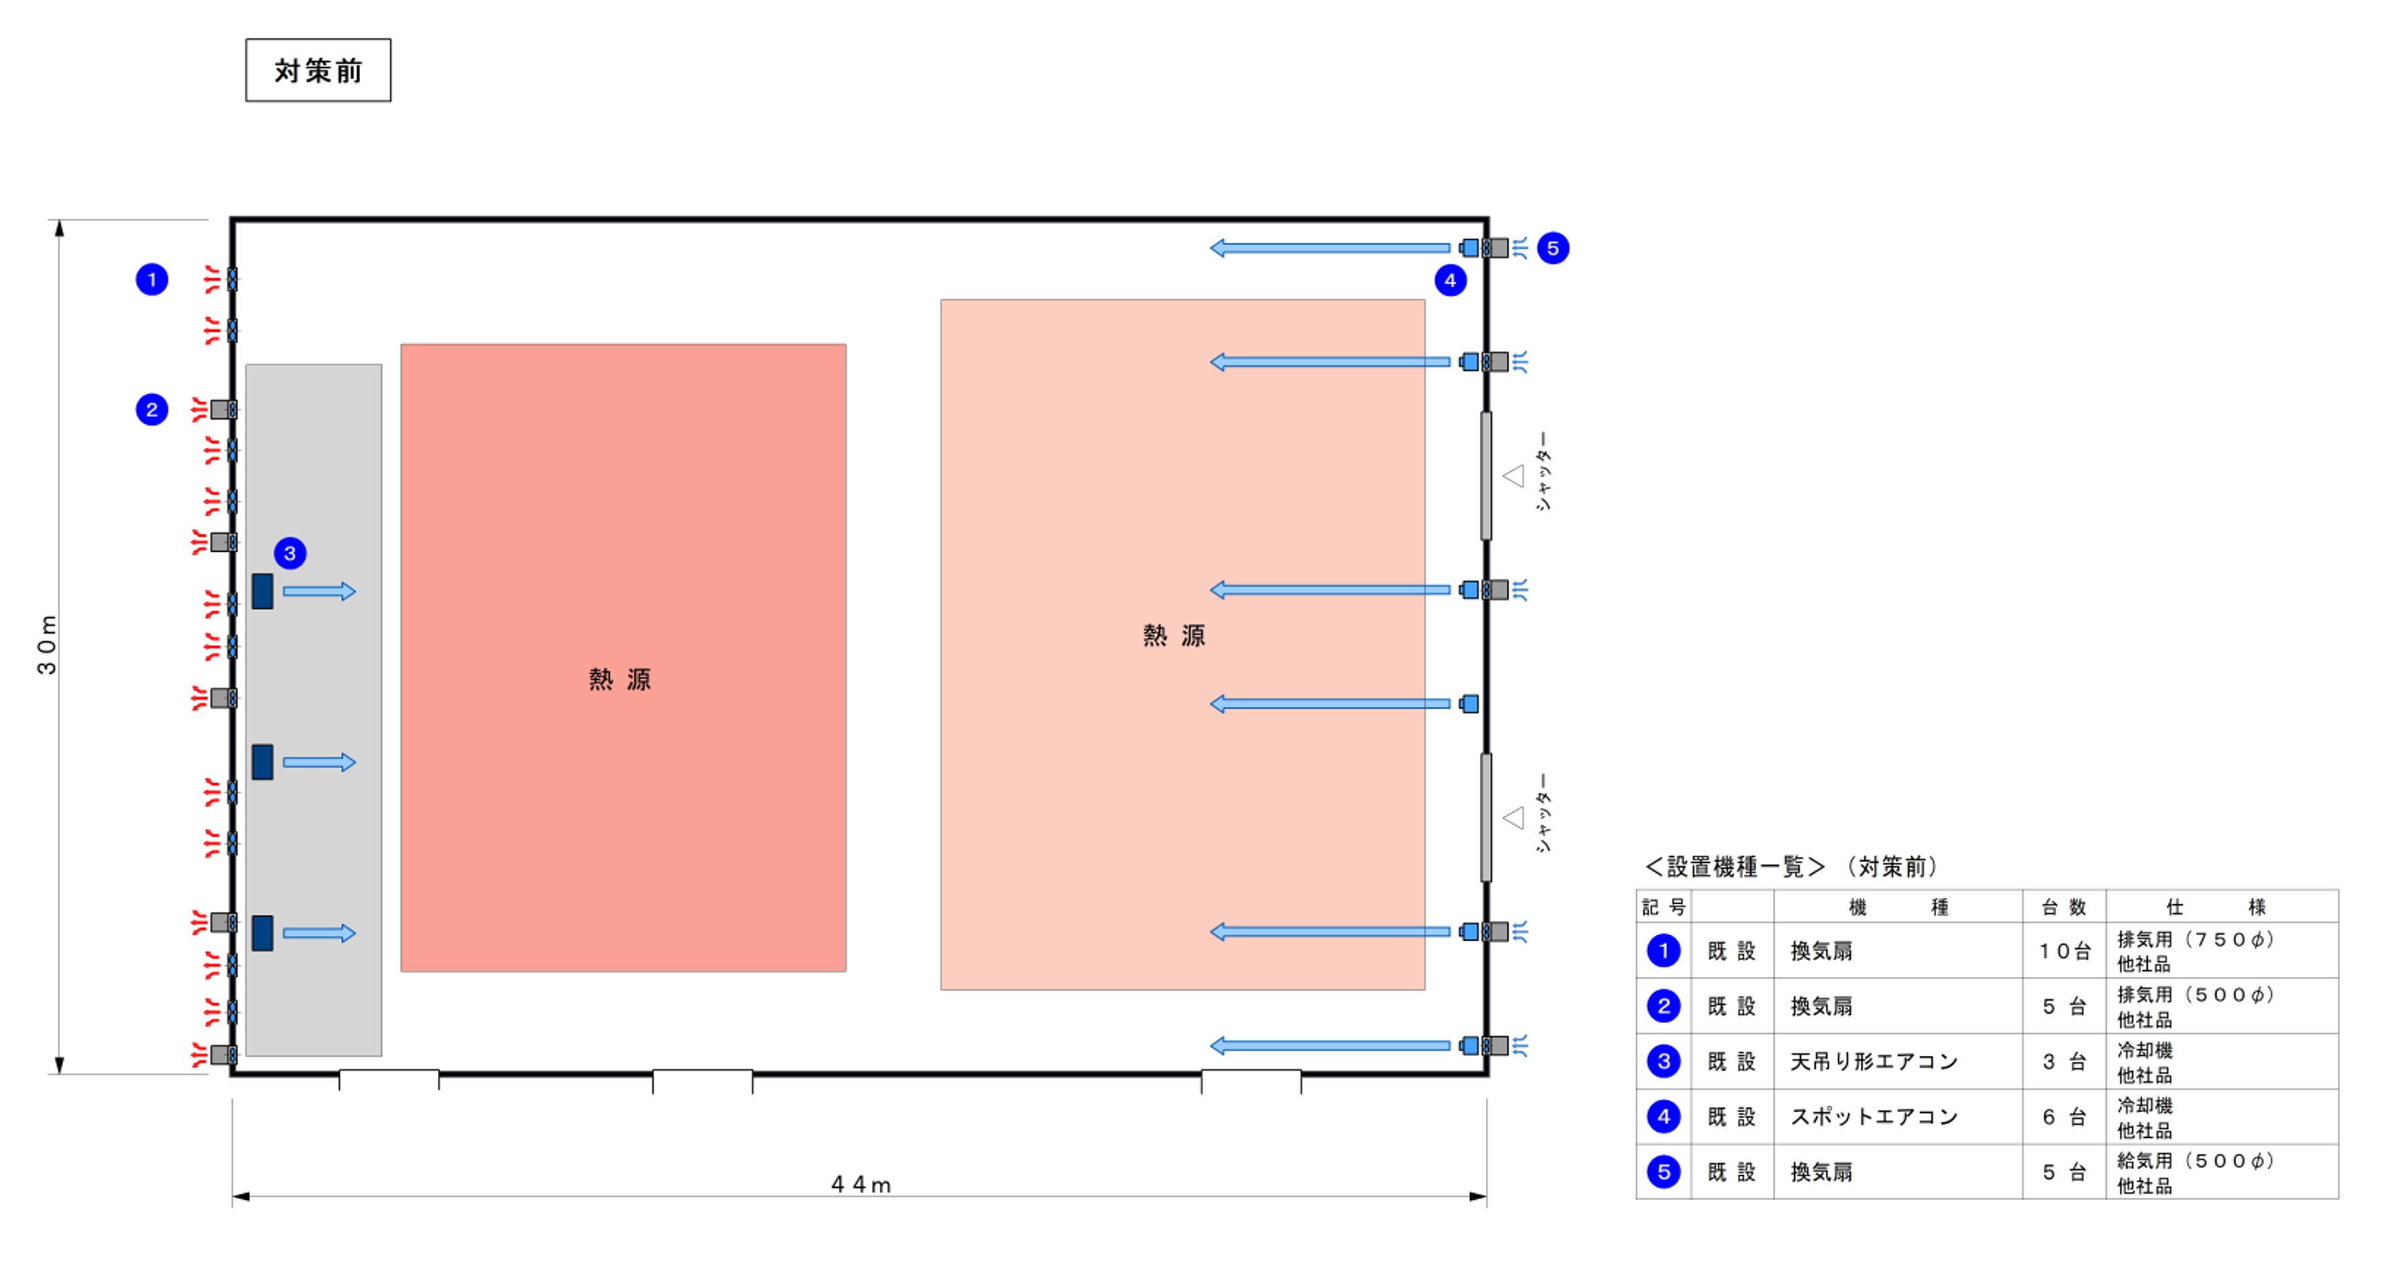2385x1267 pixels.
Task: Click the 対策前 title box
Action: tap(318, 70)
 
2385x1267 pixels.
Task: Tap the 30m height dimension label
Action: tap(47, 645)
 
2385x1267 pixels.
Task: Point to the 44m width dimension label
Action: tap(860, 1185)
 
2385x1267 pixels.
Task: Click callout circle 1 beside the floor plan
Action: tap(152, 280)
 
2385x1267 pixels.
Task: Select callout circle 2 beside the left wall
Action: tap(152, 409)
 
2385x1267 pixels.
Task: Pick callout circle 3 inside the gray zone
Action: tap(290, 554)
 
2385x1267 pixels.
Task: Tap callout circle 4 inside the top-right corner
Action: tap(1450, 280)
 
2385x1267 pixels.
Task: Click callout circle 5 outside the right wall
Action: tap(1553, 248)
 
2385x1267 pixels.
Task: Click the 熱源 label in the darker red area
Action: tap(620, 679)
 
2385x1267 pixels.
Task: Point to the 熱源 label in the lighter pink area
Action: tap(1173, 636)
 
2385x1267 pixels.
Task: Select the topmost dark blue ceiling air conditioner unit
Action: tap(263, 591)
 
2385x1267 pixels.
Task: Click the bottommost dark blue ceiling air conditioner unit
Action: tap(263, 933)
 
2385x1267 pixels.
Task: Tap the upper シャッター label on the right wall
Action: tap(1542, 471)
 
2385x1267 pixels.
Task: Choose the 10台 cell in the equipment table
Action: tap(2064, 951)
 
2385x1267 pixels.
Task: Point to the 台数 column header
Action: tap(2064, 907)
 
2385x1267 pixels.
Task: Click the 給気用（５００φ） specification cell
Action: tap(2195, 1162)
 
